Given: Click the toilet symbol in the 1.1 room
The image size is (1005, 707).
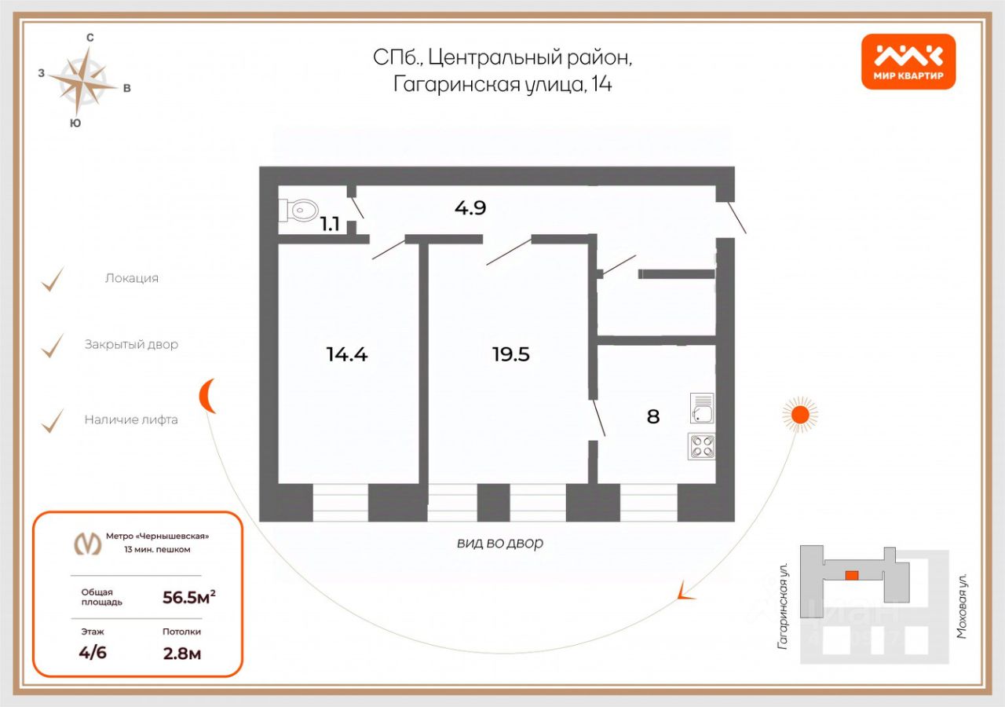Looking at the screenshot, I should point(298,210).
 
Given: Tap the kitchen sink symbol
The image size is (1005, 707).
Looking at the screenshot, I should point(701,408).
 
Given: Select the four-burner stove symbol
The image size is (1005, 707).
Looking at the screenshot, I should point(701,446).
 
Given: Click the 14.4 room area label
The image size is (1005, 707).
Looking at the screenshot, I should point(347,354).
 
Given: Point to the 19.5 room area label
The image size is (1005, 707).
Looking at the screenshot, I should point(511,354).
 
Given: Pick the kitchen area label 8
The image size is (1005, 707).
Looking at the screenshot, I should point(653,416).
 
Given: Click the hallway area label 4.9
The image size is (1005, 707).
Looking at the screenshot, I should point(470,208).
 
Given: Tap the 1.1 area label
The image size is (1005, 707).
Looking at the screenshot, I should point(330,224).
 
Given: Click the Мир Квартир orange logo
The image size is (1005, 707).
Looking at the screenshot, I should point(908,61).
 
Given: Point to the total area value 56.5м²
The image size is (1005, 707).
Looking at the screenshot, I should point(188,597).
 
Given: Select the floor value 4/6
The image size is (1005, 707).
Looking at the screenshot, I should point(93,653).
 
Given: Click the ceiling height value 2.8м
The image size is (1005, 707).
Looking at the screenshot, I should point(181,653).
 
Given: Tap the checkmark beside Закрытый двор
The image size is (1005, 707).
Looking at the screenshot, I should point(53,345).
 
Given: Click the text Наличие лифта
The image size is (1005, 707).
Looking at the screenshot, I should point(131,419).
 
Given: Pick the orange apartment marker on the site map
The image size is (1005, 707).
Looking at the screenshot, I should point(851,575).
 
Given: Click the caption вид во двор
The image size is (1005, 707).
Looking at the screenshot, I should point(500,543).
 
